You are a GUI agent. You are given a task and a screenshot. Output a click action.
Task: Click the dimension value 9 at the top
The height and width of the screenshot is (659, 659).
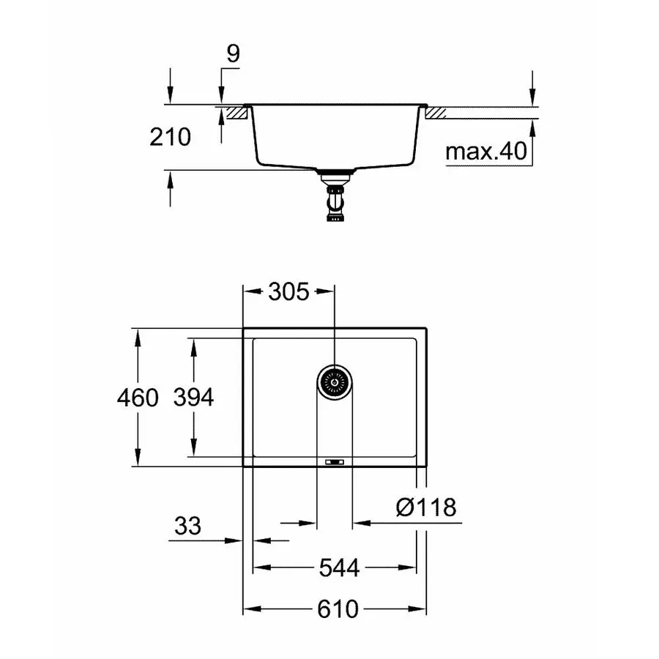[232, 53]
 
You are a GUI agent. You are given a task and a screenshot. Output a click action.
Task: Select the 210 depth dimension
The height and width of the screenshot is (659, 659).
[170, 137]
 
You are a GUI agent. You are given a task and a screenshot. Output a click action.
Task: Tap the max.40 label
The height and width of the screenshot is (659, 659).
[487, 152]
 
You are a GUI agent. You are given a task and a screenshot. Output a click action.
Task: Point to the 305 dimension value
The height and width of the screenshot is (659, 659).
[288, 292]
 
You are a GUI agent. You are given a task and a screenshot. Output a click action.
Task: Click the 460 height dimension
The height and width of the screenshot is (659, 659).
[137, 398]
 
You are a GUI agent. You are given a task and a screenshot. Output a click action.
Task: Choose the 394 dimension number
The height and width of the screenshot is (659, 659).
[193, 398]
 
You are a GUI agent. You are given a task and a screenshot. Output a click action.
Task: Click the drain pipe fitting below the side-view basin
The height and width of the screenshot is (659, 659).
[335, 196]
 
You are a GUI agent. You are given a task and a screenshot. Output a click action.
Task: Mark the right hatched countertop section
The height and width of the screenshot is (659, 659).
[436, 113]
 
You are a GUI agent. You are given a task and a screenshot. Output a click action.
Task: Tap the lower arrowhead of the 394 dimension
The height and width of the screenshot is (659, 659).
[193, 450]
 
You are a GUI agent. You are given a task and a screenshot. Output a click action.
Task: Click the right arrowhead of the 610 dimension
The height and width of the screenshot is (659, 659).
[420, 608]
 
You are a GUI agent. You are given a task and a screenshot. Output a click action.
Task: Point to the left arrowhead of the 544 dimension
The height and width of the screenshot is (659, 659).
[260, 567]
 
